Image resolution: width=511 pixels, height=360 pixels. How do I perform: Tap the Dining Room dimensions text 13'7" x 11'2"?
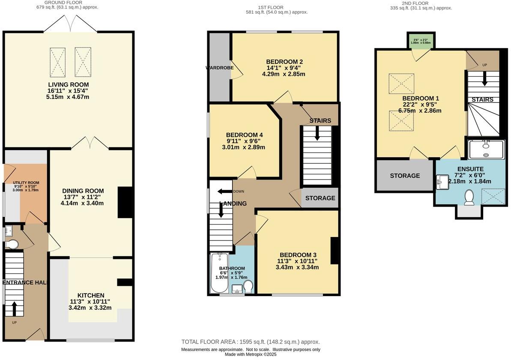pyautogui.click(x=83, y=197)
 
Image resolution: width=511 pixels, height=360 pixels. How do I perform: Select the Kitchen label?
pyautogui.click(x=90, y=295)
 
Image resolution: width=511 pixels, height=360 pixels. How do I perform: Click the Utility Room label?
pyautogui.click(x=26, y=183)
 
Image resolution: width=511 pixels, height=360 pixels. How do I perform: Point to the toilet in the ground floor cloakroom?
pyautogui.click(x=12, y=244)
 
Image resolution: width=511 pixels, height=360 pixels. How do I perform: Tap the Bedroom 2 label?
pyautogui.click(x=285, y=61)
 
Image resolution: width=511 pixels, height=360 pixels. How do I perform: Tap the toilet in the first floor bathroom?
pyautogui.click(x=248, y=285)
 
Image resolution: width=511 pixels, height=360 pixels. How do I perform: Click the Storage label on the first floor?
pyautogui.click(x=320, y=198)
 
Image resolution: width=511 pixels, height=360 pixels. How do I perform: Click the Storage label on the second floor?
pyautogui.click(x=405, y=176)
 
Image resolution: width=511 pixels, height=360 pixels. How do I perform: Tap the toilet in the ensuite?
pyautogui.click(x=469, y=198)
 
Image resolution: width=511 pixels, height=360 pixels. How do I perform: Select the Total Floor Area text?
pyautogui.click(x=251, y=342)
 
